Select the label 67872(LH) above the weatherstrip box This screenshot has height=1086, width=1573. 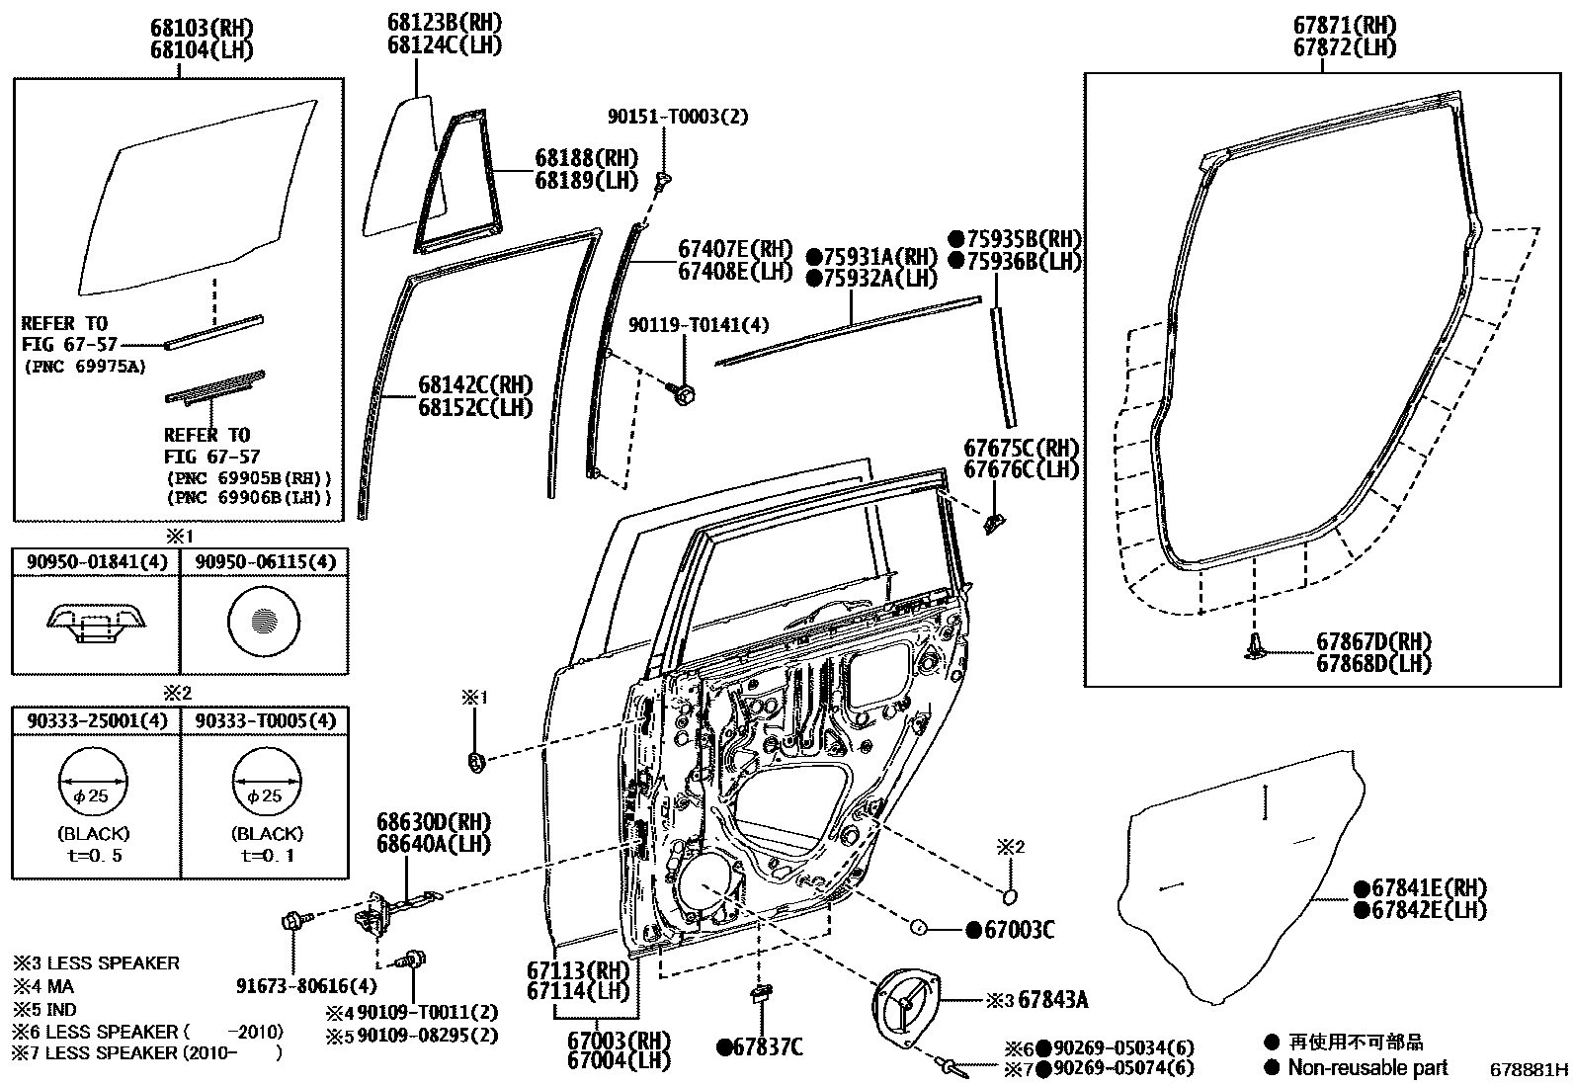click(1345, 47)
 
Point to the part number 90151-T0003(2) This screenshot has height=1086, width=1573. click(678, 117)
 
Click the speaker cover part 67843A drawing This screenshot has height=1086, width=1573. click(904, 1010)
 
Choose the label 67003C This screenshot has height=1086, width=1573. click(1018, 930)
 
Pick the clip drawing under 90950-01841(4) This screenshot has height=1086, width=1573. click(95, 623)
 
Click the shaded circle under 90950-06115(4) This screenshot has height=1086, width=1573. click(263, 623)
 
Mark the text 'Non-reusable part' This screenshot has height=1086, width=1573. click(1368, 1067)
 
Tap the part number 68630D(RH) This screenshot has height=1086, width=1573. click(434, 822)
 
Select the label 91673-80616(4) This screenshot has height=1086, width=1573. click(306, 985)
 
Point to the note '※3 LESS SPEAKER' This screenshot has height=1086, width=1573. click(96, 962)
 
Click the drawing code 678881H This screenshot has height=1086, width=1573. click(1530, 1069)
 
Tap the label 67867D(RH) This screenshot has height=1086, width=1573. click(1373, 642)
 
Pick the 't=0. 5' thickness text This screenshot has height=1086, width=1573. click(95, 856)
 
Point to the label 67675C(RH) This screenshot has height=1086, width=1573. click(1022, 448)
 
